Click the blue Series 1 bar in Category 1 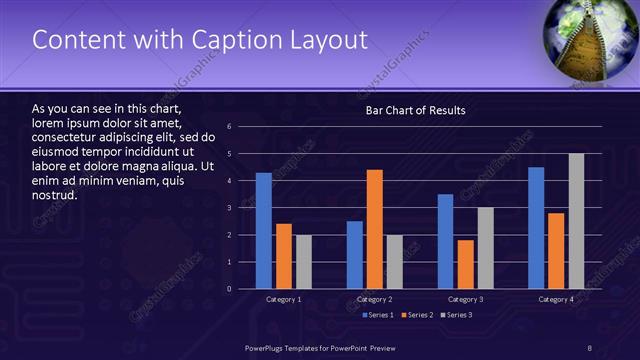264,231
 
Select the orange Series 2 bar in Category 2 374,229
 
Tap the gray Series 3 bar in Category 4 576,221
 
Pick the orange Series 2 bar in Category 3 465,264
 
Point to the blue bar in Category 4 536,228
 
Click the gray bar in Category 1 303,262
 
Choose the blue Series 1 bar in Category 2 355,255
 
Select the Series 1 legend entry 376,315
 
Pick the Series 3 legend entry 458,315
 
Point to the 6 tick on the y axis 229,127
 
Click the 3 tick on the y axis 229,208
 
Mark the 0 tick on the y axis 229,289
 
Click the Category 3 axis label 465,299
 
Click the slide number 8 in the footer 590,346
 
